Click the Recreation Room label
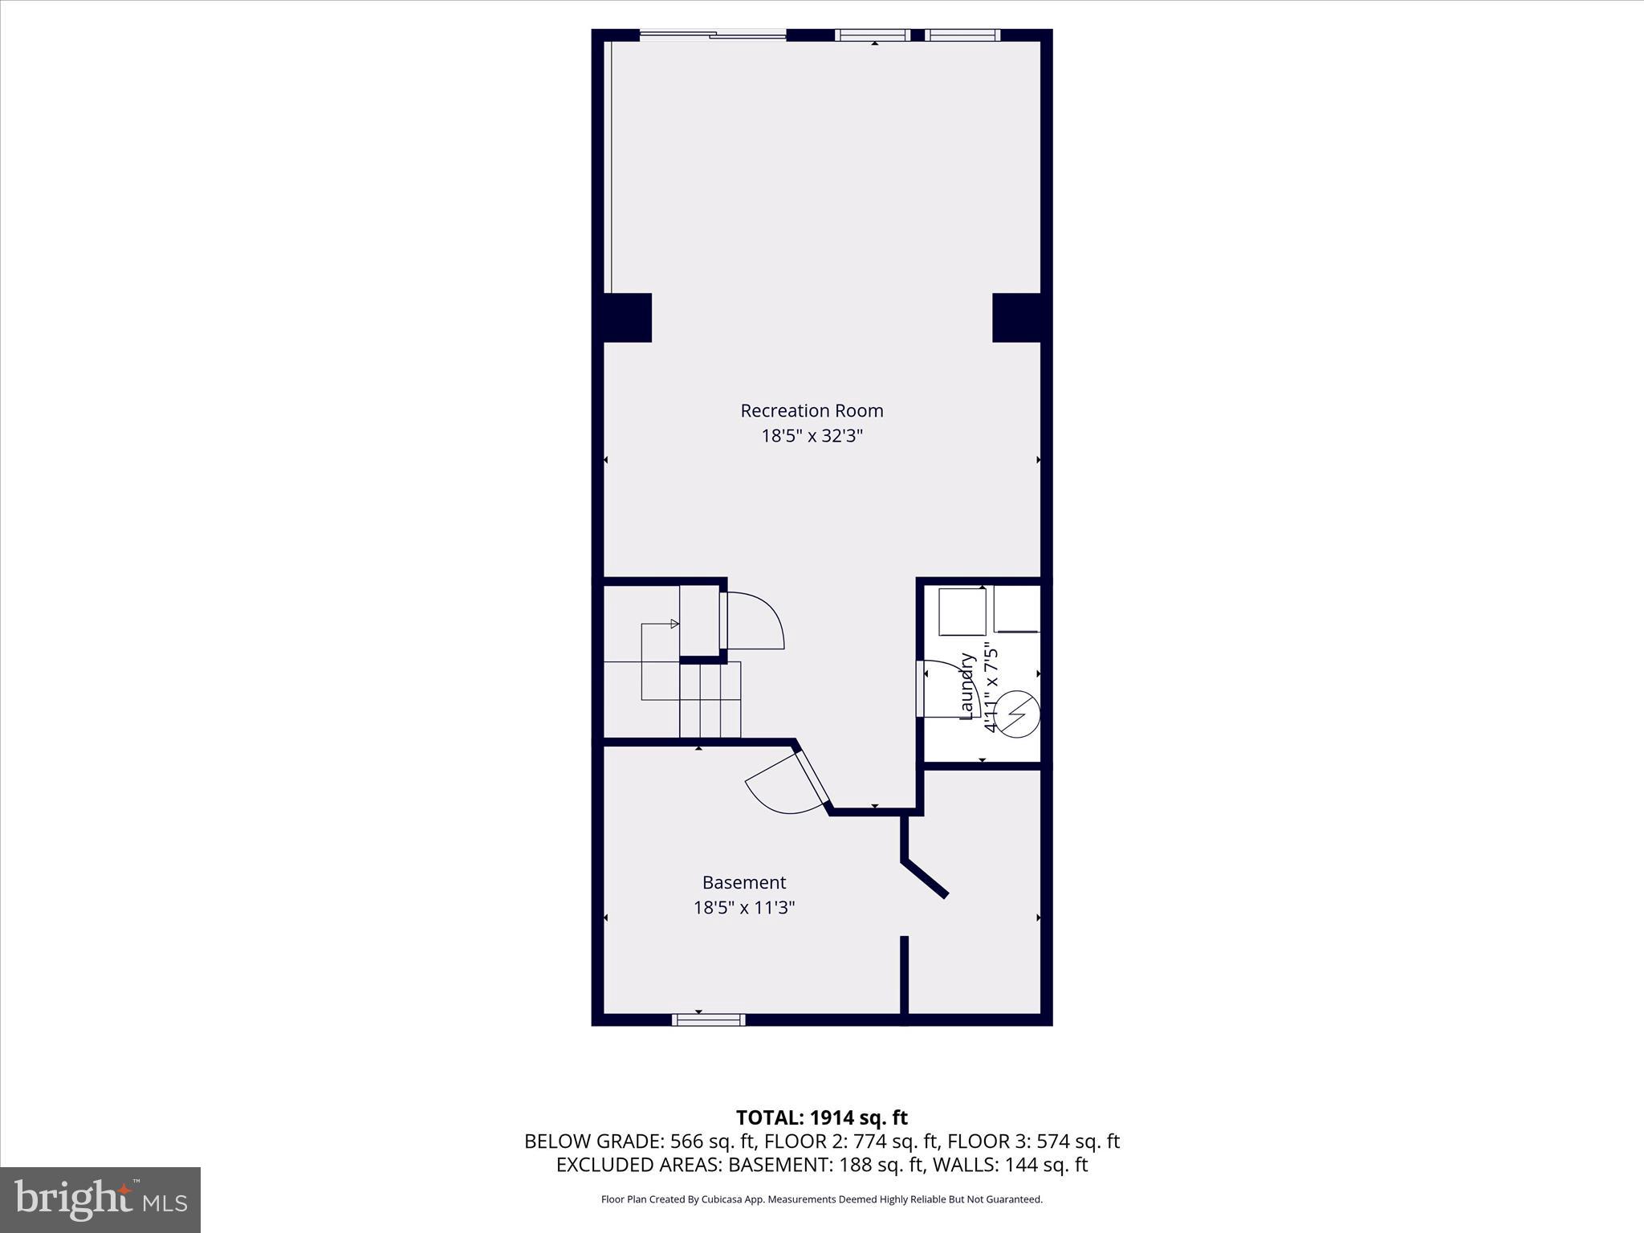pyautogui.click(x=812, y=410)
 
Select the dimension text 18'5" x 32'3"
pyautogui.click(x=812, y=436)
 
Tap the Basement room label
pyautogui.click(x=744, y=882)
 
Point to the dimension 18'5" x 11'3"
pyautogui.click(x=744, y=908)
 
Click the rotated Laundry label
pyautogui.click(x=968, y=686)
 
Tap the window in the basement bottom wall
pyautogui.click(x=708, y=1019)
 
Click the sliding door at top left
pyautogui.click(x=713, y=35)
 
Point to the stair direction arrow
pyautogui.click(x=674, y=623)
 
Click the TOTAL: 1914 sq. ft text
pyautogui.click(x=821, y=1117)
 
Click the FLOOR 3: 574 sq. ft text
pyautogui.click(x=1033, y=1141)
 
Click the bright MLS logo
pyautogui.click(x=100, y=1199)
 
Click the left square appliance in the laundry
pyautogui.click(x=962, y=612)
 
